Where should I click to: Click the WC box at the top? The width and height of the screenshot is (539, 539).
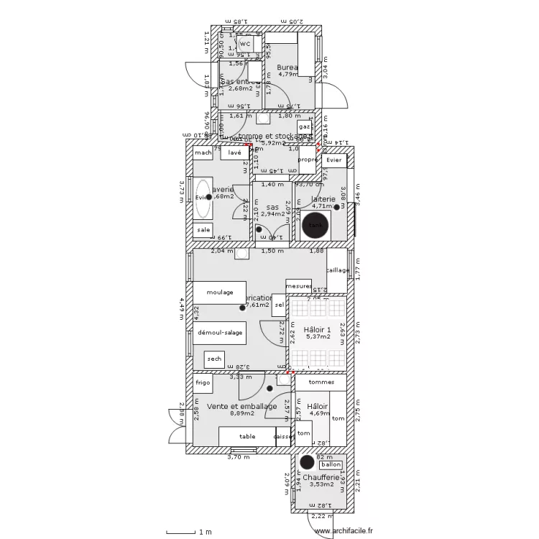pyautogui.click(x=244, y=44)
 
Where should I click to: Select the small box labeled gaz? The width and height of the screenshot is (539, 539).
pyautogui.click(x=305, y=126)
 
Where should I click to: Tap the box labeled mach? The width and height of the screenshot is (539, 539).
pyautogui.click(x=203, y=153)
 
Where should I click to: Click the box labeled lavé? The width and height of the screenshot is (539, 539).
pyautogui.click(x=234, y=153)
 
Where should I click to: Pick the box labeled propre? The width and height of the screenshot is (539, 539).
pyautogui.click(x=308, y=160)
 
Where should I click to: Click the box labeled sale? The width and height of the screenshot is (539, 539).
pyautogui.click(x=203, y=230)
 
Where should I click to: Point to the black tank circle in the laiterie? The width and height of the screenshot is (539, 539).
pyautogui.click(x=315, y=225)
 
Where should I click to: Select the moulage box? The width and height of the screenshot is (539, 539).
pyautogui.click(x=219, y=293)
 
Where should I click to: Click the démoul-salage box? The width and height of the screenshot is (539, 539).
pyautogui.click(x=219, y=333)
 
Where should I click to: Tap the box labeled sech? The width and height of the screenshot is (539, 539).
pyautogui.click(x=214, y=359)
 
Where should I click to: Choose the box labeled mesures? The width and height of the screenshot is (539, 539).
pyautogui.click(x=298, y=285)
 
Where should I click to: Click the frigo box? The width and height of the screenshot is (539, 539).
pyautogui.click(x=203, y=383)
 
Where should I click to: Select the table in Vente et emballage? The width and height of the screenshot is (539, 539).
pyautogui.click(x=247, y=436)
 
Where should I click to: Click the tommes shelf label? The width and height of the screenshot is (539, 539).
pyautogui.click(x=317, y=382)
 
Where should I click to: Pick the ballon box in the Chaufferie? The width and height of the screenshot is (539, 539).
pyautogui.click(x=330, y=465)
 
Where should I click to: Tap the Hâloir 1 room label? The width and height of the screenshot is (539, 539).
pyautogui.click(x=316, y=329)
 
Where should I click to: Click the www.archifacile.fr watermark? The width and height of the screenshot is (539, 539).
pyautogui.click(x=344, y=530)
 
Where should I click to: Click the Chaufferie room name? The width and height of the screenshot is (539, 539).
pyautogui.click(x=321, y=477)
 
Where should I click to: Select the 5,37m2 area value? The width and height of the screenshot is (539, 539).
pyautogui.click(x=316, y=336)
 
